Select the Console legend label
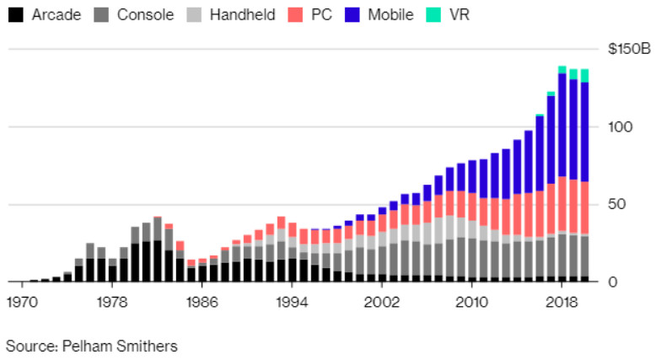(x=145, y=14)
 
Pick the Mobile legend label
(x=391, y=14)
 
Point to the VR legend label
(x=460, y=14)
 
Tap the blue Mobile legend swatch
(x=353, y=14)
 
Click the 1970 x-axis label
(x=21, y=301)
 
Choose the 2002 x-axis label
(x=382, y=301)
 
